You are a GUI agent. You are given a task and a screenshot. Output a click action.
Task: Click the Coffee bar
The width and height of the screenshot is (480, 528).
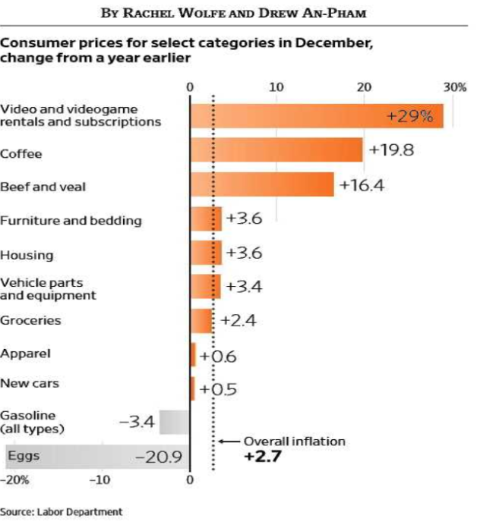pos(276,150)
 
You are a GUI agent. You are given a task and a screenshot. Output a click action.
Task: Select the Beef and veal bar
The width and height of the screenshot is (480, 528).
pos(261,184)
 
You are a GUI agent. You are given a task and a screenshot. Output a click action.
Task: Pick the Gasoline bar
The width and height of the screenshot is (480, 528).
pos(174,422)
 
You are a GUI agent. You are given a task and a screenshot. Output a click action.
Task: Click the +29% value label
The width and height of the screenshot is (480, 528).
pos(409,117)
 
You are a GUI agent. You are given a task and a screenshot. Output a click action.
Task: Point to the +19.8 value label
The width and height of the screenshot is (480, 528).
pos(391,149)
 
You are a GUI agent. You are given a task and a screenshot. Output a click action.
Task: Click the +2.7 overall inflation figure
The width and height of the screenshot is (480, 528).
pos(263,457)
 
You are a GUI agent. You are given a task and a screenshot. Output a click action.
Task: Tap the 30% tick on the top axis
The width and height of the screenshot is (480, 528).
pos(455,86)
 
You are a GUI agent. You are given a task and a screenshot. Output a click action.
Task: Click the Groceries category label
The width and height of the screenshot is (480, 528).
pos(30,320)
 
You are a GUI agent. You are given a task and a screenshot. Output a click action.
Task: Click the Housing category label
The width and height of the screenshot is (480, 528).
pos(27,255)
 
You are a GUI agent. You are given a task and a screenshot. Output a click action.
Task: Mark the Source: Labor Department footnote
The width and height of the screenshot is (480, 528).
pos(61,512)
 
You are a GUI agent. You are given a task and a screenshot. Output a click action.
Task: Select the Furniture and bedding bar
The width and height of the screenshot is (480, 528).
pos(206,219)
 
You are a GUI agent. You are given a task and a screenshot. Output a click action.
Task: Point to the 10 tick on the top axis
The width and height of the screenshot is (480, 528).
pos(276,86)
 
